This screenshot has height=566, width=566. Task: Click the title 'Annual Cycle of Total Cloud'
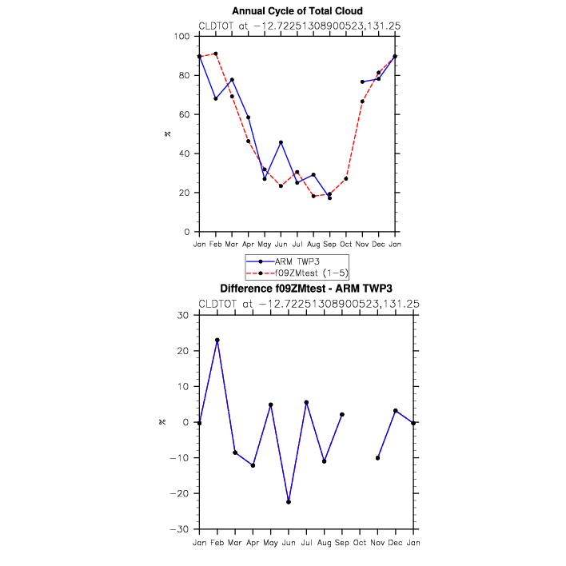point(297,11)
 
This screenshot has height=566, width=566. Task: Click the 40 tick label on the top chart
point(185,153)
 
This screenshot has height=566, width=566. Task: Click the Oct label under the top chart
point(346,243)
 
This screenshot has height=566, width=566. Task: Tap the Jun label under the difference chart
point(288,543)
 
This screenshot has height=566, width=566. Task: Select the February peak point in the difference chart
point(217,340)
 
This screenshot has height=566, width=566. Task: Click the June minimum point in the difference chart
point(289,502)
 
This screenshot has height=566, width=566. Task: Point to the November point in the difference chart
point(377,458)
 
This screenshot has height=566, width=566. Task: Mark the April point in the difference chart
point(253,465)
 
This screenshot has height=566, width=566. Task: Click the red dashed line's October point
point(346,178)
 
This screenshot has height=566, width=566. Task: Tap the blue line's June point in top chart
point(281,142)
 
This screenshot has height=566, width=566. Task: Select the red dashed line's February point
point(216,54)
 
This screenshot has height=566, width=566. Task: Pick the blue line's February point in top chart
point(216,98)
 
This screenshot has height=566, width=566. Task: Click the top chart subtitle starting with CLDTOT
point(299,26)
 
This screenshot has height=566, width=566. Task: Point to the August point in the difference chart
point(324,461)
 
